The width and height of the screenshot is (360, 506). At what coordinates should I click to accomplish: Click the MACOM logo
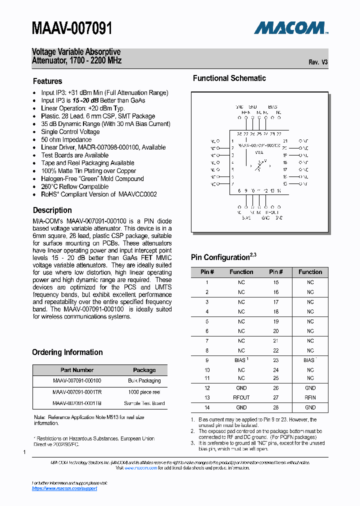click(x=290, y=27)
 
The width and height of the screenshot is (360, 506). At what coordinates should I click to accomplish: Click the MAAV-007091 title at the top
click(x=72, y=28)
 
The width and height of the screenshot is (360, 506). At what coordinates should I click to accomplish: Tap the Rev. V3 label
click(x=318, y=62)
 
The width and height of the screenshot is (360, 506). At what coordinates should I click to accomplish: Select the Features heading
click(x=47, y=81)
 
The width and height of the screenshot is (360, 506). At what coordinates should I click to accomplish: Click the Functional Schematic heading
click(x=229, y=78)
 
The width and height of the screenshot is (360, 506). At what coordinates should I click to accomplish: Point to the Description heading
click(x=52, y=210)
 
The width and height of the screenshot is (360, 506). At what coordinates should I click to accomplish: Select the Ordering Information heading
click(x=67, y=352)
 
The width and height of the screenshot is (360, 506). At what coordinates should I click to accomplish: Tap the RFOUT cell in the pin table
click(x=241, y=397)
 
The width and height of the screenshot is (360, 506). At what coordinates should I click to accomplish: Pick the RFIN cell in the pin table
click(x=310, y=397)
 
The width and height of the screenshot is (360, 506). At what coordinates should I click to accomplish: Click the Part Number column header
click(x=76, y=370)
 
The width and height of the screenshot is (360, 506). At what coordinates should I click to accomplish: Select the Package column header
click(x=144, y=370)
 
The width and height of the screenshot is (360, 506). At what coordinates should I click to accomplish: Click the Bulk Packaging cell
click(x=144, y=380)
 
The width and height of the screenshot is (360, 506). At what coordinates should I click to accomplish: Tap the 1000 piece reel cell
click(x=144, y=392)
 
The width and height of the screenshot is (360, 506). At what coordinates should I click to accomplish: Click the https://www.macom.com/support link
click(x=64, y=488)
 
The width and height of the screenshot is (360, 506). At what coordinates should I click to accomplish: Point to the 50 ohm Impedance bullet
click(x=66, y=139)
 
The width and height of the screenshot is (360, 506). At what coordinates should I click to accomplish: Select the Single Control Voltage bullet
click(x=70, y=131)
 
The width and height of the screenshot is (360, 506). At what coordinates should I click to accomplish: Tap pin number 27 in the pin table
click(x=275, y=397)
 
